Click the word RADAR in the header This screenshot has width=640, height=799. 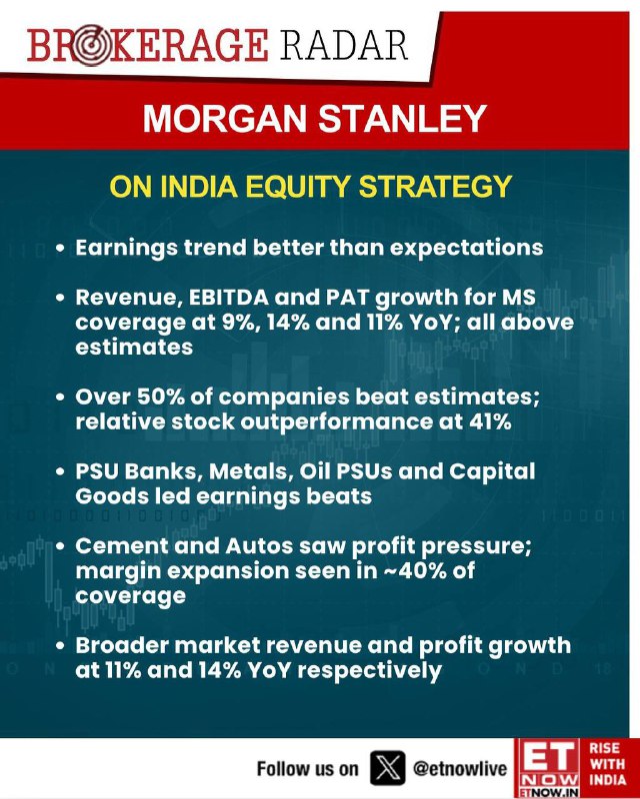point(344,45)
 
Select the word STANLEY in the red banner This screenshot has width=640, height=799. point(402,119)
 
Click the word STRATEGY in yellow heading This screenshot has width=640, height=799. point(435,187)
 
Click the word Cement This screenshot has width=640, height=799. point(121,546)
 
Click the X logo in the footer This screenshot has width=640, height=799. point(388,768)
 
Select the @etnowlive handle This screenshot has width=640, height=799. point(460,768)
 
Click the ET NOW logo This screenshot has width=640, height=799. point(548,768)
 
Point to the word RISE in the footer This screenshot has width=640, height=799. point(605,748)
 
